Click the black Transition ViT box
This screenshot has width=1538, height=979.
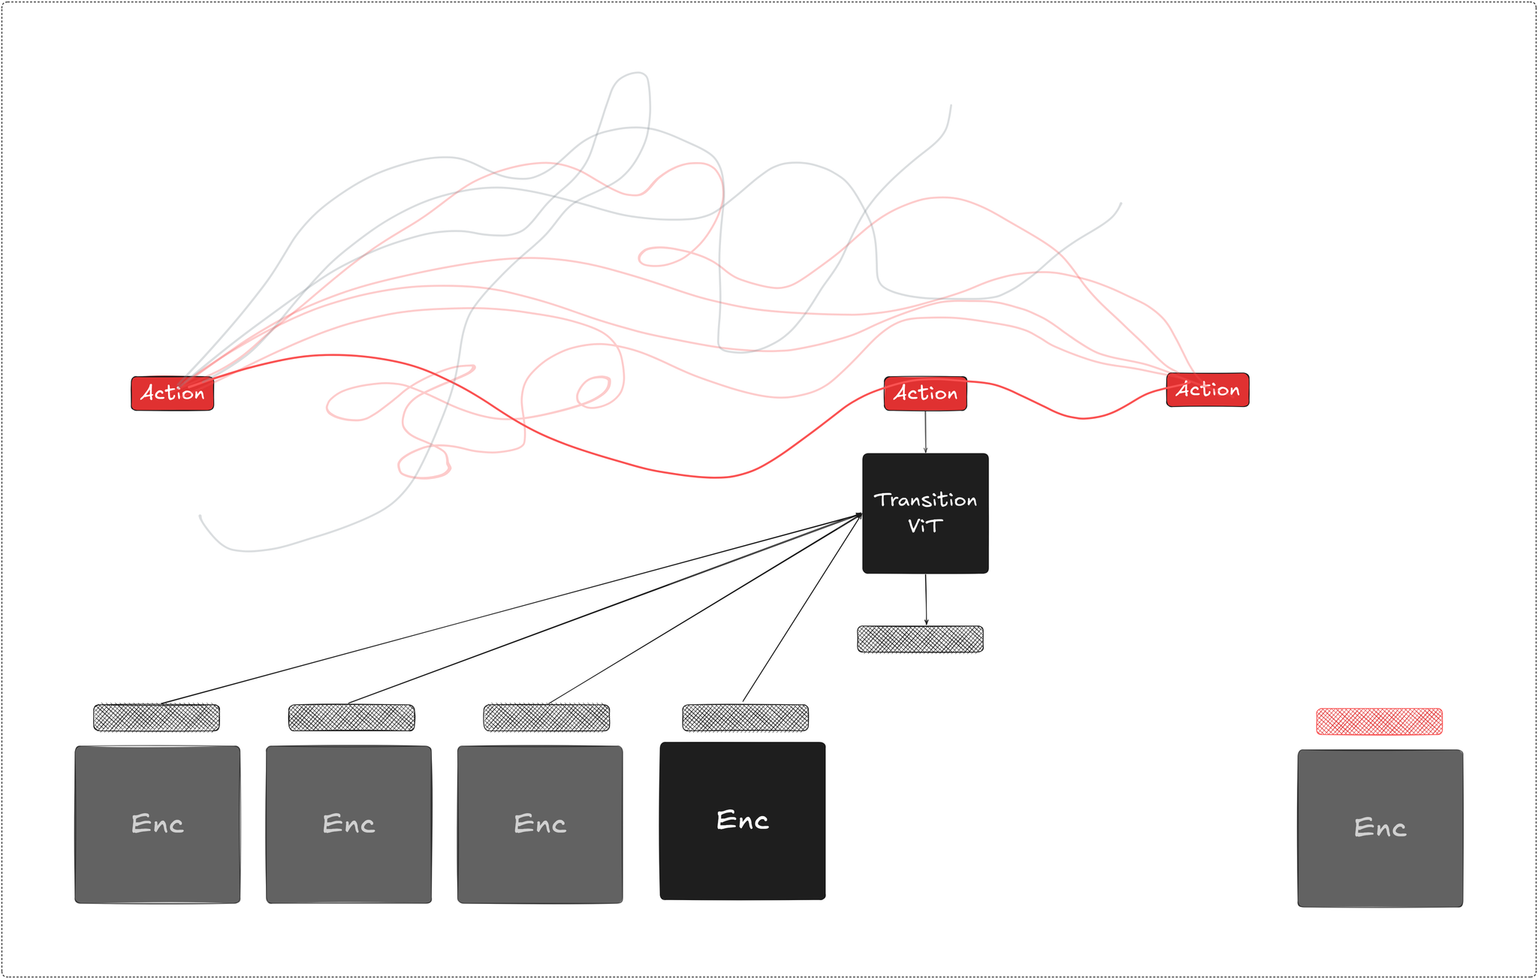click(925, 552)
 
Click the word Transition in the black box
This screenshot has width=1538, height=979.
click(925, 500)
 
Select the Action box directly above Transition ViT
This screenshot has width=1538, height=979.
click(925, 393)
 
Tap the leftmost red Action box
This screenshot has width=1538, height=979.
click(172, 393)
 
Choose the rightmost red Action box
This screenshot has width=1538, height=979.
click(1208, 390)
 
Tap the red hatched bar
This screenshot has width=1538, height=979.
click(1379, 721)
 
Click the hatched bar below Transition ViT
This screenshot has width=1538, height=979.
click(920, 639)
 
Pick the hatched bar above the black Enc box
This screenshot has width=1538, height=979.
click(745, 718)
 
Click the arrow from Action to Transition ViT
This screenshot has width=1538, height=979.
click(925, 432)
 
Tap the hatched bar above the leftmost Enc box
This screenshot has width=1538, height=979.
click(156, 718)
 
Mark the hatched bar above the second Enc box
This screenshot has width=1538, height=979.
click(351, 718)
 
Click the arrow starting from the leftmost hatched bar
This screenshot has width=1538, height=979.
click(511, 609)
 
